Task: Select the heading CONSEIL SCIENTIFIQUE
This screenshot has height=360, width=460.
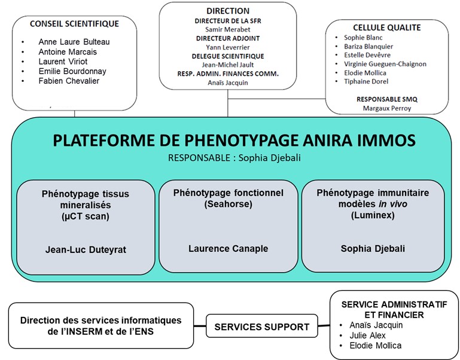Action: [x=74, y=24]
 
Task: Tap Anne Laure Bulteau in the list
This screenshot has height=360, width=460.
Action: [x=74, y=42]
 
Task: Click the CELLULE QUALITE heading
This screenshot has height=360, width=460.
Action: [x=387, y=28]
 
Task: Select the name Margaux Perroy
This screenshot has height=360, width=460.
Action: [x=387, y=108]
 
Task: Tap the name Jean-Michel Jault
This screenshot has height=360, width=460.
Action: [x=227, y=65]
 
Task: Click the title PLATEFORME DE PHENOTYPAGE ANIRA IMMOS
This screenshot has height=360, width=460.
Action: [x=233, y=141]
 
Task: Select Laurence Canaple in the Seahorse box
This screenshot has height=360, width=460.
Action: [x=228, y=248]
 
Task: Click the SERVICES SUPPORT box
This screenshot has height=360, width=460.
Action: [x=261, y=327]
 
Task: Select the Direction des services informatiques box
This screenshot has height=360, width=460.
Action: [x=100, y=326]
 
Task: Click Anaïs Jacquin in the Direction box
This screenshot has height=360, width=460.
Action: [x=227, y=83]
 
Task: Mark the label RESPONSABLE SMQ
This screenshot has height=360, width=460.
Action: [x=387, y=98]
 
